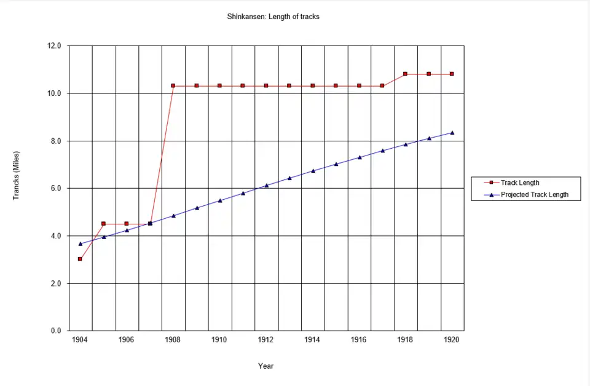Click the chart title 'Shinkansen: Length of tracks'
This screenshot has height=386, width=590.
(273, 17)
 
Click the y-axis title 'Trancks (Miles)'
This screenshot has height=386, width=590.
(17, 175)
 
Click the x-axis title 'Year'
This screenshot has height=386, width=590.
(265, 366)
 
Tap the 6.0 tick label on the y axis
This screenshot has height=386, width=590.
(56, 189)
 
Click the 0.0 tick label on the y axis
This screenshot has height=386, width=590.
(56, 331)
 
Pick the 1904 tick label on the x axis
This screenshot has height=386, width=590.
(80, 339)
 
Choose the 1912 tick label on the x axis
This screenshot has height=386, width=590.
(265, 339)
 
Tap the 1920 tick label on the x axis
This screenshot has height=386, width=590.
(452, 339)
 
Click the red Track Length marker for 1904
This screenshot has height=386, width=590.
(80, 259)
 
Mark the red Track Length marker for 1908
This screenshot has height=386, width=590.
(173, 86)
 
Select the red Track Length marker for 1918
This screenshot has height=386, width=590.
(405, 74)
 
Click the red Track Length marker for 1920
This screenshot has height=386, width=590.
(452, 74)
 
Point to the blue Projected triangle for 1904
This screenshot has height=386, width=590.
(80, 244)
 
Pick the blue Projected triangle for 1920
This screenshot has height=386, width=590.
(452, 133)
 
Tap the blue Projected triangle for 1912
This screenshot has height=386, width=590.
(266, 185)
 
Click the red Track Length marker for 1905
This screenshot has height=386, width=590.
(103, 224)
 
